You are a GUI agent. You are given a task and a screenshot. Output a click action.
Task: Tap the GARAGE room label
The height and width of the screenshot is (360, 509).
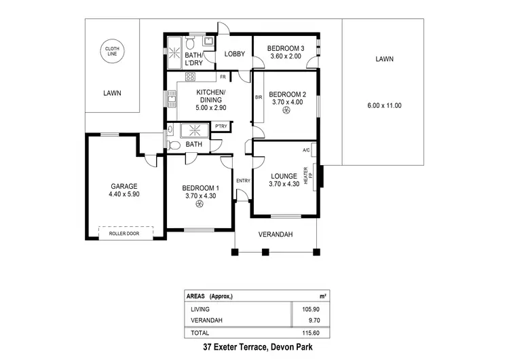[124, 186]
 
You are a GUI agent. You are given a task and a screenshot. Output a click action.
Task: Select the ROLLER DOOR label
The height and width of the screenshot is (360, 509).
[124, 233]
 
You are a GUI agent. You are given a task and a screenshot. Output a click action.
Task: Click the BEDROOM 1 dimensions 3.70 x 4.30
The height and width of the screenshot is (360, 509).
[201, 196]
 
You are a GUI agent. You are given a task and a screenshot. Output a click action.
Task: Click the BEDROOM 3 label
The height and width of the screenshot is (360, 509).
[285, 48]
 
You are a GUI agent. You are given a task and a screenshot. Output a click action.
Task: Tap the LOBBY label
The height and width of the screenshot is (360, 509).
[235, 54]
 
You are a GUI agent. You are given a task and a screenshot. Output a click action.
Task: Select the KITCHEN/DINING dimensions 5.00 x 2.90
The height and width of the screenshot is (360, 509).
[210, 107]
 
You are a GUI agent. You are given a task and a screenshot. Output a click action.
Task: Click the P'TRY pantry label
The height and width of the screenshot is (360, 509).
[221, 126]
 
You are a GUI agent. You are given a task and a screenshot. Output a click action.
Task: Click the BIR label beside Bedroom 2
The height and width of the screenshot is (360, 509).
[258, 98]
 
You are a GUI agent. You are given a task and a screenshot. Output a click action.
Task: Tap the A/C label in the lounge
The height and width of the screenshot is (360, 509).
[306, 150]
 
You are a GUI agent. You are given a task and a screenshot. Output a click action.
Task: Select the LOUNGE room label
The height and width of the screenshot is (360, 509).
[284, 175]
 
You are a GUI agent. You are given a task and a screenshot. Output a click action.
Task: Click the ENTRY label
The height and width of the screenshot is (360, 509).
[242, 180]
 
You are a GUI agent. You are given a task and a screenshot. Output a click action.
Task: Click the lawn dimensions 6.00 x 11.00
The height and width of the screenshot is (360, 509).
[384, 106]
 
